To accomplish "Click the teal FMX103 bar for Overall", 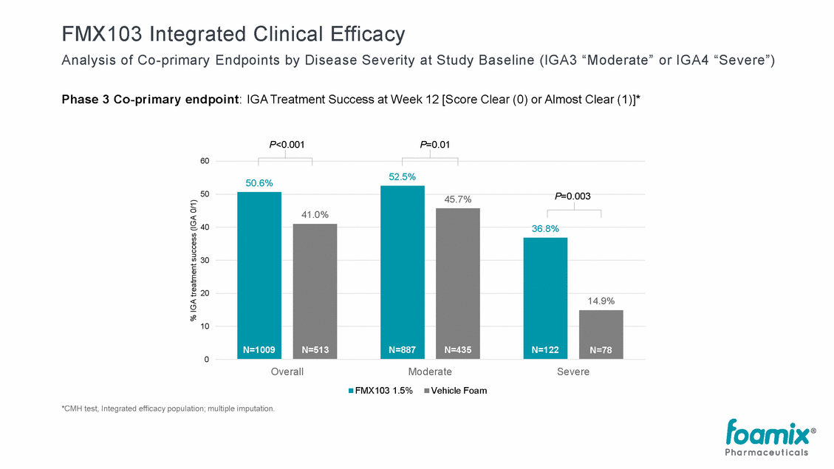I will point(259,273).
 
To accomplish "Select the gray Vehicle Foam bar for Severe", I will point(601,329).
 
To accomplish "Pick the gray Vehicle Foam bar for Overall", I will point(315,288).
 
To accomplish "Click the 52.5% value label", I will point(402,177).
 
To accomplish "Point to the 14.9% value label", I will point(601,301).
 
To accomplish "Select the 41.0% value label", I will point(315,215).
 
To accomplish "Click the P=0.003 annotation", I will point(573,196).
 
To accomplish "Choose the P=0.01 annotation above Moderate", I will point(435,145).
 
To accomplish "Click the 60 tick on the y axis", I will point(204,161).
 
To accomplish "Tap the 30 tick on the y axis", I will point(204,260).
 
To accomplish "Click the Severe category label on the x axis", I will point(573,372).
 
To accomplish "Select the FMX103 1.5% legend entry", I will point(380,391).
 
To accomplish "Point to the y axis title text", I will point(194,260).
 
